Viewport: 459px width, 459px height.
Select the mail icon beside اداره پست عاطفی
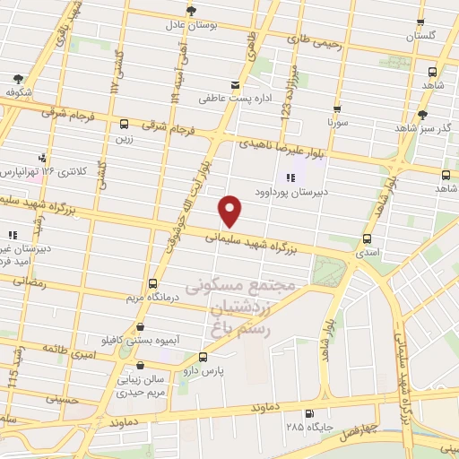pos(236,85)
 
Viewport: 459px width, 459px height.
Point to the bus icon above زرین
pos(124,125)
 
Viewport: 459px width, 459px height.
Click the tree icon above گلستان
pos(420,22)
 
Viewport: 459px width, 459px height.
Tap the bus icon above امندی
pos(366,238)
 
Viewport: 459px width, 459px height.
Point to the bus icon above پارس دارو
pos(202,357)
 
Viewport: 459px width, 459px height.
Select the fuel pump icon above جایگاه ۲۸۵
pos(309,414)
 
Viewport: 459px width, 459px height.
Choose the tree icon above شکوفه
pos(19,78)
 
